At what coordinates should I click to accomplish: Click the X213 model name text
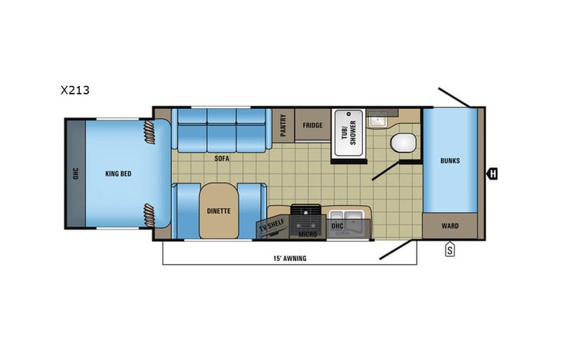click(x=75, y=90)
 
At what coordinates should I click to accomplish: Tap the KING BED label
click(x=118, y=173)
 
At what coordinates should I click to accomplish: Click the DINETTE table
click(x=219, y=210)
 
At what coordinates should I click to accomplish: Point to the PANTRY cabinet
click(x=282, y=124)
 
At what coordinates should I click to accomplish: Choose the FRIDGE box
click(x=312, y=125)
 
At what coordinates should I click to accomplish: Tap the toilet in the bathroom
click(x=402, y=144)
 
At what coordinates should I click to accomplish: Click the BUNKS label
click(x=450, y=160)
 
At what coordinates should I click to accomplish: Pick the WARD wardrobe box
click(x=450, y=226)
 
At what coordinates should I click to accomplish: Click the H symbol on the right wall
click(x=493, y=174)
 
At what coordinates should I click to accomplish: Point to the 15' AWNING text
click(x=289, y=258)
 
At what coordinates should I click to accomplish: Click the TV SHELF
click(x=272, y=226)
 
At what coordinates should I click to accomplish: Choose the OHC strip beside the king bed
click(x=74, y=173)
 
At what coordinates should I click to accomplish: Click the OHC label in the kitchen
click(x=336, y=226)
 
